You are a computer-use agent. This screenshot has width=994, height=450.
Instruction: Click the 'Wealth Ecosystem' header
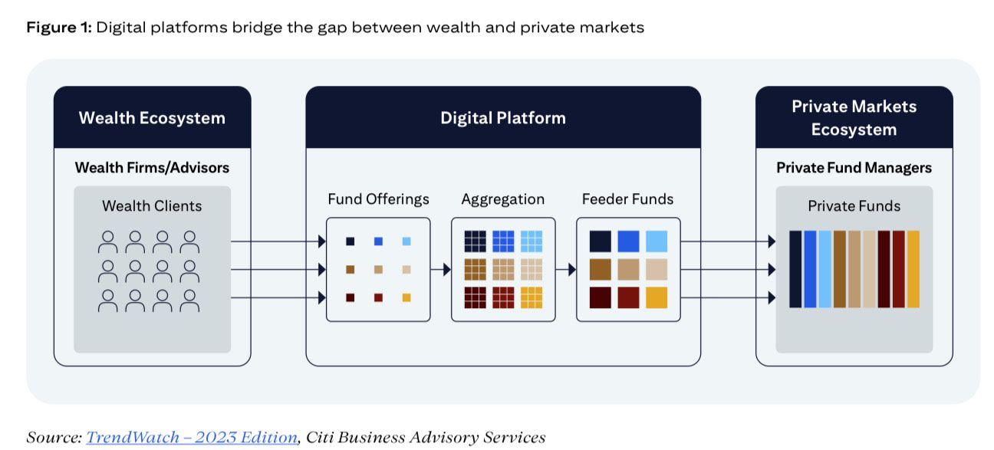pos(152,118)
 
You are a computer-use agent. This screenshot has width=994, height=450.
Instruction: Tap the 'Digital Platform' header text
pos(502,118)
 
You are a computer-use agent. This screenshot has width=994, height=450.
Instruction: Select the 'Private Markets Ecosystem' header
pos(854,118)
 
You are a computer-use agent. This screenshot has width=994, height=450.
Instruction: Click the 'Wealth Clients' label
pos(152,205)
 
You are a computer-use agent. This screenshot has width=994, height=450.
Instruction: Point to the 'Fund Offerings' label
pos(378,199)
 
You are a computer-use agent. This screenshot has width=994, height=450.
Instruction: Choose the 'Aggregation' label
pos(502,199)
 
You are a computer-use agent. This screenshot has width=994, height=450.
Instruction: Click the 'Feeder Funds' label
pos(627,199)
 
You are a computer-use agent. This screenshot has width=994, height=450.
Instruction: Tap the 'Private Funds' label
pos(854,205)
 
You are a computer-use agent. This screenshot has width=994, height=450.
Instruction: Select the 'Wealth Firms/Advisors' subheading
pos(152,167)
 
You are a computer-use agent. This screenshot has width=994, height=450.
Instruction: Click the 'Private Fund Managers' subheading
pos(854,167)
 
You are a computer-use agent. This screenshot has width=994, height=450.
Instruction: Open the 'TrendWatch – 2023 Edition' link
pos(191,437)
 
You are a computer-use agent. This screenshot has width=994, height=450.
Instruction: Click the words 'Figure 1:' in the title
pos(59,28)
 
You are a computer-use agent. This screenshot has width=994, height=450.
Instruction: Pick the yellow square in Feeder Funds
pos(656,297)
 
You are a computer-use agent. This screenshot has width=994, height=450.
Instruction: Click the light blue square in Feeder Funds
pos(656,241)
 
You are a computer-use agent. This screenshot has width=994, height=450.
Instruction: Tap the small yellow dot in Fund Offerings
pos(406,297)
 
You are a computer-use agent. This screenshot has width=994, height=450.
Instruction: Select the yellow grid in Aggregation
pos(531,297)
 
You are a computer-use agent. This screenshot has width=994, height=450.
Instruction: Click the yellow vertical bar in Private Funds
pos(913,269)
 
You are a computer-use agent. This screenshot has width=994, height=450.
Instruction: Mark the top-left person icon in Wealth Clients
pos(108,242)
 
